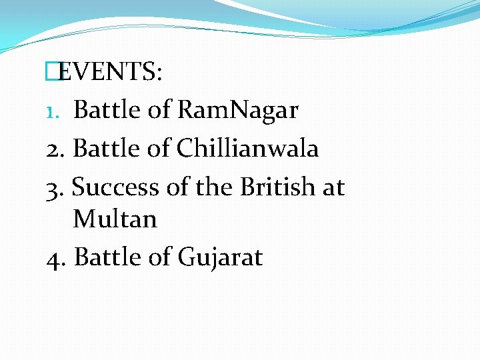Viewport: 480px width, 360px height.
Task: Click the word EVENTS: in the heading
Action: [110, 71]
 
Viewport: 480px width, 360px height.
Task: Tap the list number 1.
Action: [53, 111]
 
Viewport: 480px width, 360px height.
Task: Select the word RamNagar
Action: [238, 110]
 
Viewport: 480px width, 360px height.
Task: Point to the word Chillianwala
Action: [248, 148]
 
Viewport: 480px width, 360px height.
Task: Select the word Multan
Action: [115, 219]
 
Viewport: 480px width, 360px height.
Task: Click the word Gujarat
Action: [220, 257]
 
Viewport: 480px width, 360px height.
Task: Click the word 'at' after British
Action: [333, 187]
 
